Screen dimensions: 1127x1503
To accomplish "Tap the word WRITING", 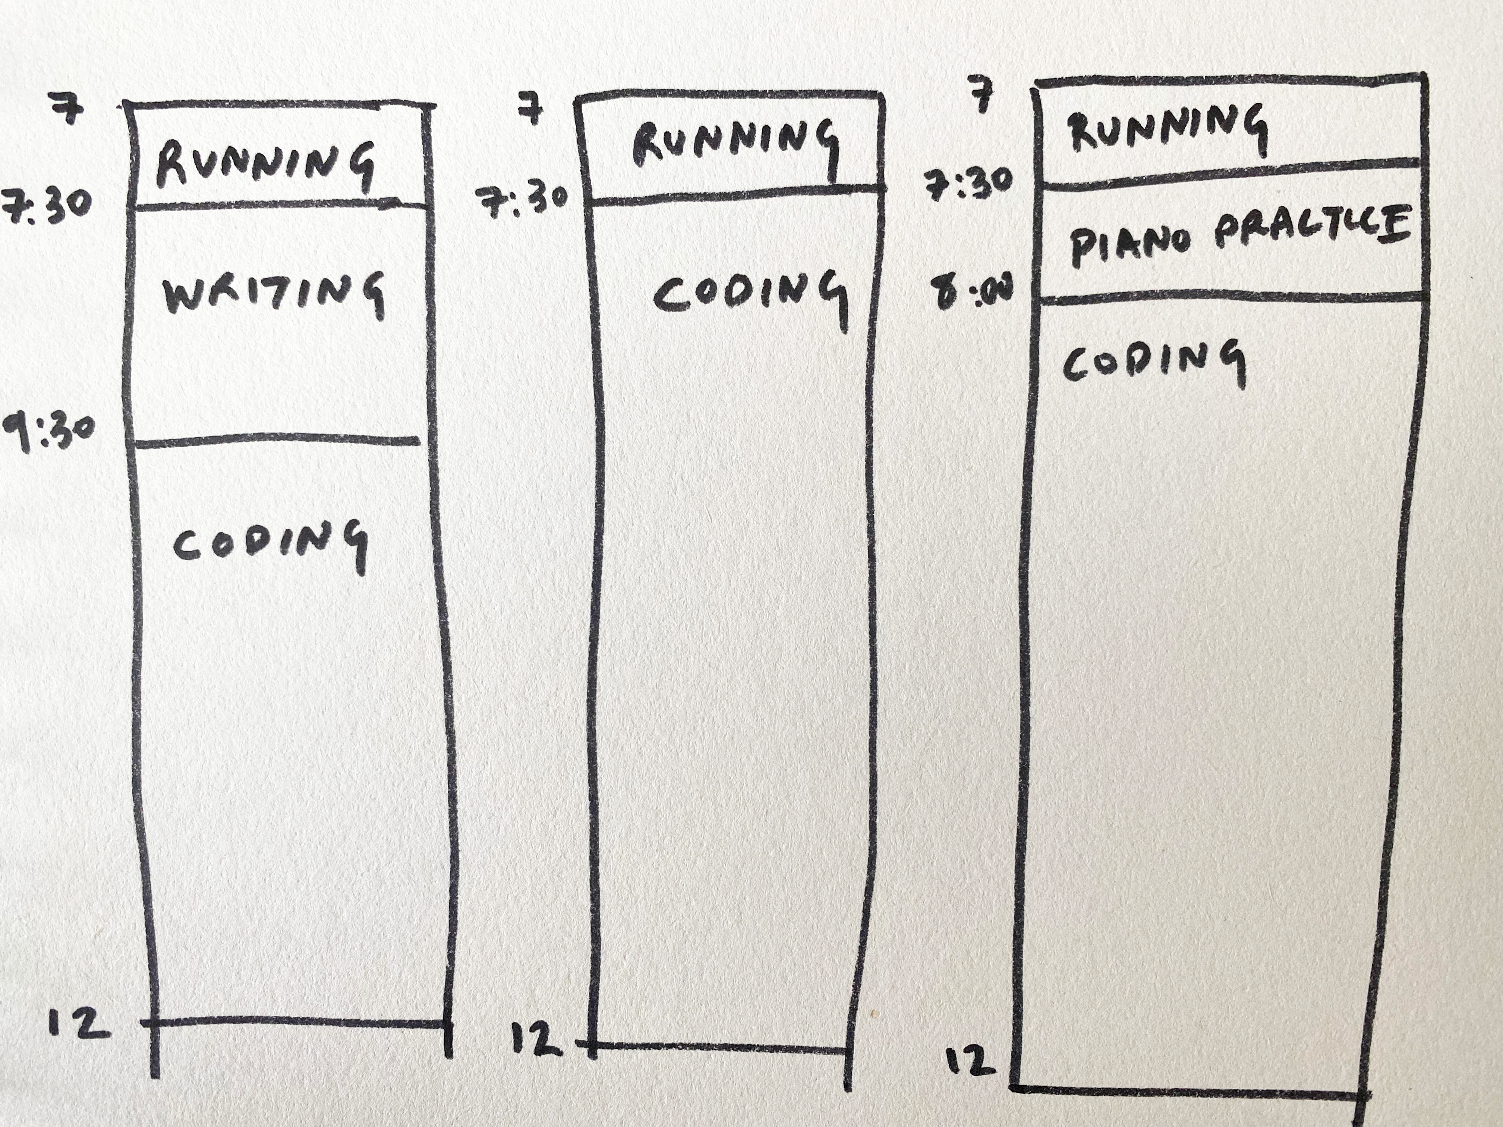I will point(274,294).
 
